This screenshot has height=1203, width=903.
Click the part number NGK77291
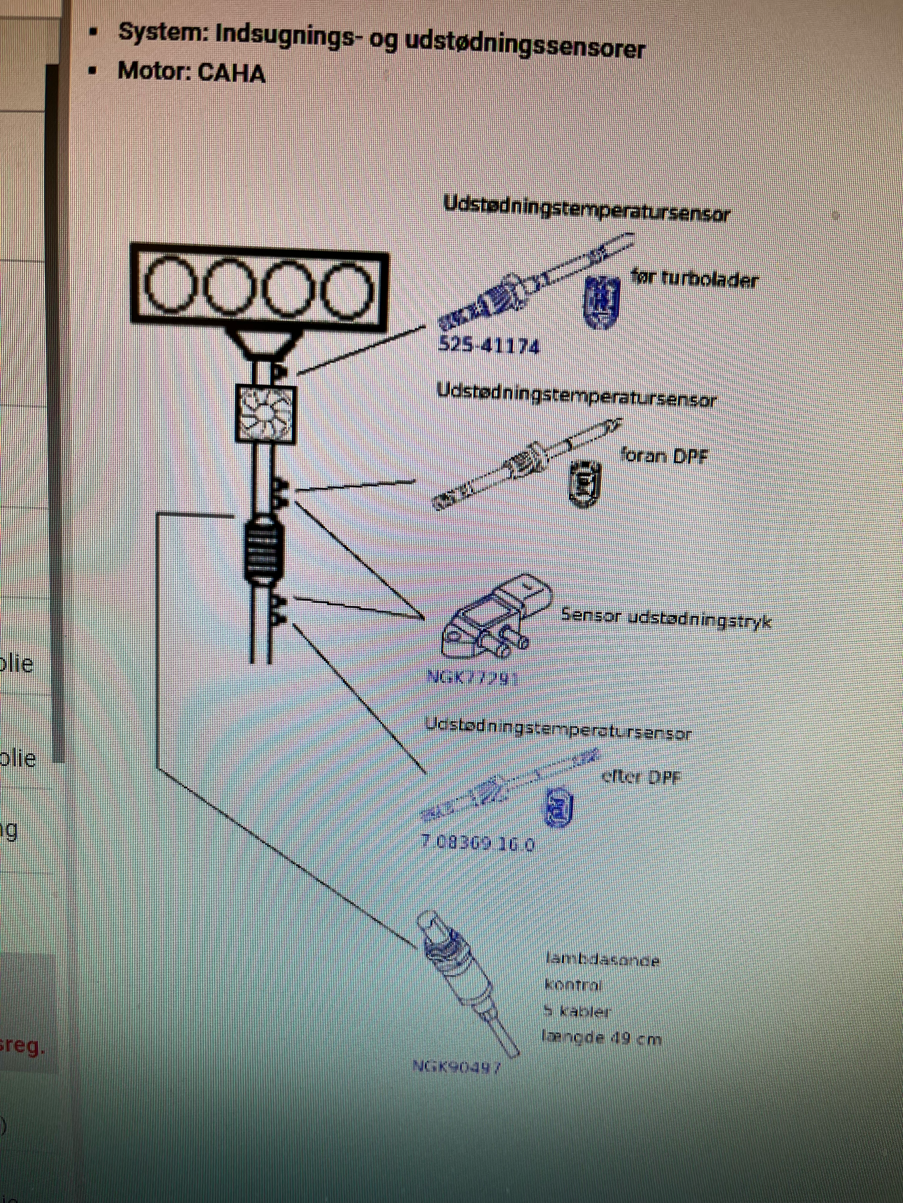472,678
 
